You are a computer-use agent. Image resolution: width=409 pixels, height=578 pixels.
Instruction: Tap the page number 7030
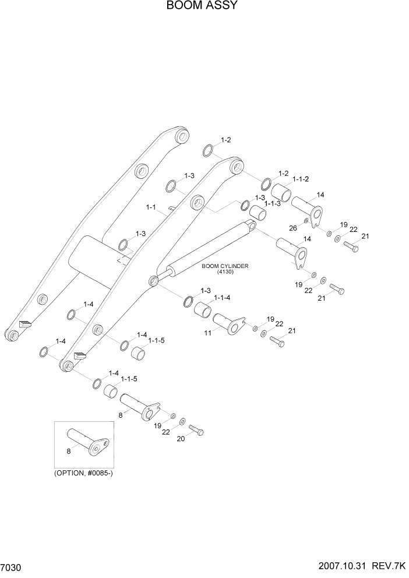click(12, 567)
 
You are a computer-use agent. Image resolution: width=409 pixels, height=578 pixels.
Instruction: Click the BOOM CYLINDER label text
click(225, 266)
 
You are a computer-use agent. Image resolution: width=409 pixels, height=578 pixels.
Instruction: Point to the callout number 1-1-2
click(300, 179)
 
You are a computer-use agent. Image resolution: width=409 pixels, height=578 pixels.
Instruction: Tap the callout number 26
click(294, 228)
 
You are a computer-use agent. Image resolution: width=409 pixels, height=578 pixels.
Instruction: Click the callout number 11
click(207, 333)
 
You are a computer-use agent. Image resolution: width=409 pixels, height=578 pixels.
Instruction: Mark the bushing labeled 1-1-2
click(281, 192)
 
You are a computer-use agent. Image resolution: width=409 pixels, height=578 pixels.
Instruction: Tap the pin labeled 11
click(228, 324)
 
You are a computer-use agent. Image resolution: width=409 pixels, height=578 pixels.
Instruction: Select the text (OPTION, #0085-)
click(83, 473)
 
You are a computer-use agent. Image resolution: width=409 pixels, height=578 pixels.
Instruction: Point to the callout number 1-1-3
click(273, 203)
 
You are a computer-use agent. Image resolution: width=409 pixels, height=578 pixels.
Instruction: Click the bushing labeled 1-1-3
click(259, 213)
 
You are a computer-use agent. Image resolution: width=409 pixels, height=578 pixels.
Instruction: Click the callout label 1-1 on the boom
click(151, 207)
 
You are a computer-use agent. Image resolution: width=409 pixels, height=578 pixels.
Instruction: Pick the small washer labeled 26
click(306, 221)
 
